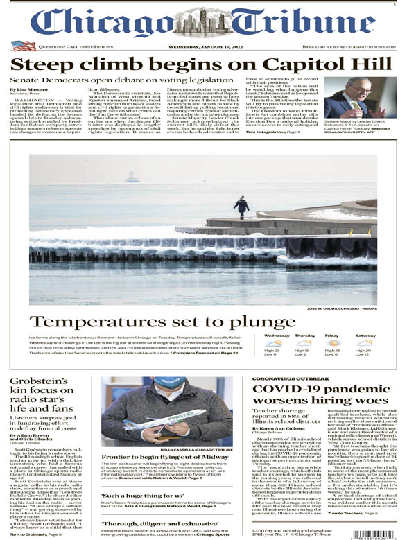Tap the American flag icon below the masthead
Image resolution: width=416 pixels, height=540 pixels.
(23, 46)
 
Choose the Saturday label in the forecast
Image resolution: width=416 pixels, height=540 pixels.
(365, 336)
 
